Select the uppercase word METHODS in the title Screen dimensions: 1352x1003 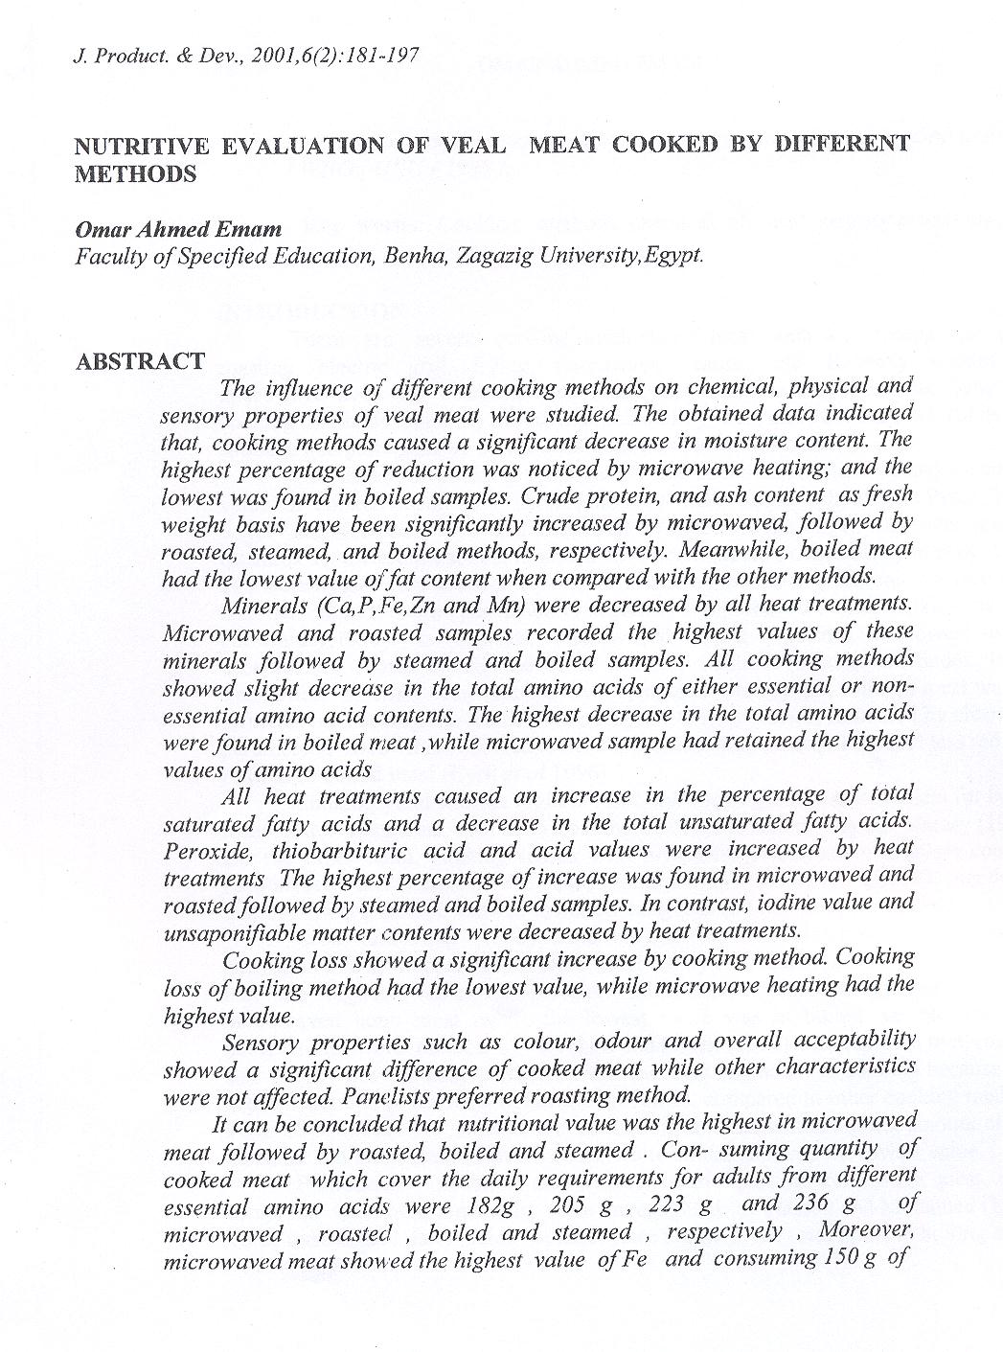pyautogui.click(x=135, y=174)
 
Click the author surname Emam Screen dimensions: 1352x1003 pyautogui.click(x=254, y=230)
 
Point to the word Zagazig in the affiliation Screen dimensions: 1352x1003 pyautogui.click(x=493, y=257)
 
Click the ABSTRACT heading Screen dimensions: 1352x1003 pyautogui.click(x=140, y=361)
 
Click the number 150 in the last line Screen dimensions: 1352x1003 pyautogui.click(x=842, y=1258)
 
